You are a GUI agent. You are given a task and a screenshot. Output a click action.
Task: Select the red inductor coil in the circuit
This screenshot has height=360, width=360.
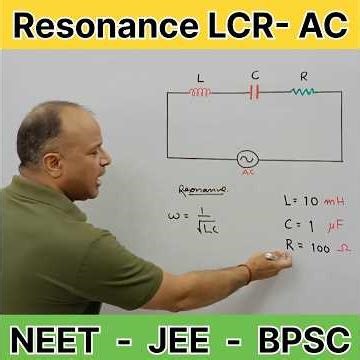[x=200, y=93]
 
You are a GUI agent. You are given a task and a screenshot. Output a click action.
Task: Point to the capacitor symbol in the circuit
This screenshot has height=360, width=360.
[x=255, y=93]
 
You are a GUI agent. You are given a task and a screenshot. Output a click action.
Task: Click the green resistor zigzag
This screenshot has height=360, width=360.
[x=303, y=93]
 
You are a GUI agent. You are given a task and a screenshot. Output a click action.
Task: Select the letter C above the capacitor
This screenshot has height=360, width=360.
[x=255, y=75]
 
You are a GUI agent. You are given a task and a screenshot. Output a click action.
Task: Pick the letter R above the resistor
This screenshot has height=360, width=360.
[x=304, y=76]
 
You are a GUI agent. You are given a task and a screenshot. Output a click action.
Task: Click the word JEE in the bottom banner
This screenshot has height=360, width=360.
[x=180, y=336]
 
